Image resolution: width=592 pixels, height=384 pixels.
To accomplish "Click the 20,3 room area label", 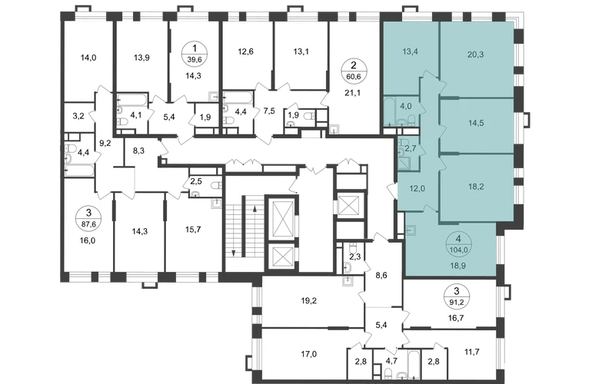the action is point(475,55).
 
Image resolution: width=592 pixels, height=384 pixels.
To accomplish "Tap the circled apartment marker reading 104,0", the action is point(458,244).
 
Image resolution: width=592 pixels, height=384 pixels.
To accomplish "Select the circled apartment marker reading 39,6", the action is point(195,54).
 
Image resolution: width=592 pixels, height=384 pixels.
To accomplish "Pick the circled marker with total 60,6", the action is point(354,71).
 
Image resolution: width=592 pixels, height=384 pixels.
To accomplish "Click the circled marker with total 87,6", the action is point(88,219).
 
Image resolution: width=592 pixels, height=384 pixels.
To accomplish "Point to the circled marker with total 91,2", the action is point(457,296).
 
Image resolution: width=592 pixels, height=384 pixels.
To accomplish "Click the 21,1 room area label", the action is point(353,92).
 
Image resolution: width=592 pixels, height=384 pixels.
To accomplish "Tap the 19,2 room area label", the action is point(309,301).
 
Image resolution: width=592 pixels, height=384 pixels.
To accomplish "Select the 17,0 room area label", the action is point(309,354).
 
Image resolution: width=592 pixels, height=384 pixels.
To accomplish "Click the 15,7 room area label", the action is point(193,230).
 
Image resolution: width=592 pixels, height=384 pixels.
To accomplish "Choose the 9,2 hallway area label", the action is point(105,143).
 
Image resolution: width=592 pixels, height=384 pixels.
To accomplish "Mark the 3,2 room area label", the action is point(78,116).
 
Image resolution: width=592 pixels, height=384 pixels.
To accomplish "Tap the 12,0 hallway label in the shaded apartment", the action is point(417,189).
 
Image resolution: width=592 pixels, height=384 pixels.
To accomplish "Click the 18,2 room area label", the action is point(476,187).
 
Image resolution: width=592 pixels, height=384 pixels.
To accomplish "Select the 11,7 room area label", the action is point(472,352).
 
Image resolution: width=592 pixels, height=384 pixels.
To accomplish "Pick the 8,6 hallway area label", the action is point(381,276).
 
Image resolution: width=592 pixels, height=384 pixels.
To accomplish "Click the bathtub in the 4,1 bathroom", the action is point(131,100).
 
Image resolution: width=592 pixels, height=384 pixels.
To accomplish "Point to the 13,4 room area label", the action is point(411,51).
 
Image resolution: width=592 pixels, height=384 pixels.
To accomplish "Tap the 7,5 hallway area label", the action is point(269,111).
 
